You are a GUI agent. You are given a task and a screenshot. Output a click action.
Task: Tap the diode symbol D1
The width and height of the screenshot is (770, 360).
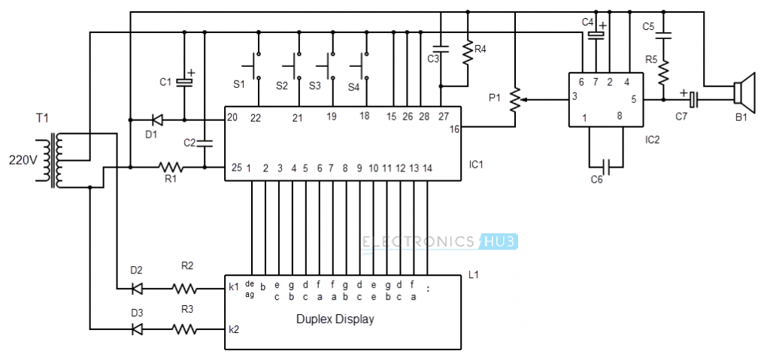pyautogui.click(x=156, y=119)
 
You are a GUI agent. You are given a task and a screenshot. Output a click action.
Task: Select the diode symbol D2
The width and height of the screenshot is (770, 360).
pyautogui.click(x=137, y=289)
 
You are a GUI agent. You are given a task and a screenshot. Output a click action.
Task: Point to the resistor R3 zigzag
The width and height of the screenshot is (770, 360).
pyautogui.click(x=184, y=329)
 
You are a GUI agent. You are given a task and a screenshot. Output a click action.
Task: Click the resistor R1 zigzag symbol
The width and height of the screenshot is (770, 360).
pyautogui.click(x=171, y=168)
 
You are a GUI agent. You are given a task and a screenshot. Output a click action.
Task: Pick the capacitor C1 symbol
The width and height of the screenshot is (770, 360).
pyautogui.click(x=184, y=82)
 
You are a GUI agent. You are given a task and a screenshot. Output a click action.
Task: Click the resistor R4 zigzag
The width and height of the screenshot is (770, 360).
pyautogui.click(x=468, y=53)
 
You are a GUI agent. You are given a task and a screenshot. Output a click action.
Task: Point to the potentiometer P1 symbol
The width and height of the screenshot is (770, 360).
pyautogui.click(x=514, y=100)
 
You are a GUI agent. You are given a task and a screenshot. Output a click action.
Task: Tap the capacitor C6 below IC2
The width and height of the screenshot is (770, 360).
pyautogui.click(x=607, y=167)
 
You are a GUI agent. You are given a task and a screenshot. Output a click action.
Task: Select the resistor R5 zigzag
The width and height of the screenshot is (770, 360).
pyautogui.click(x=663, y=72)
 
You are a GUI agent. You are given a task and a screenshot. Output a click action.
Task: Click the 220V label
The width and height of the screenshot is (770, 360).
pyautogui.click(x=22, y=160)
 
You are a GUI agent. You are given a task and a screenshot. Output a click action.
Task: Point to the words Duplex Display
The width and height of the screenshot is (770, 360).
pyautogui.click(x=335, y=319)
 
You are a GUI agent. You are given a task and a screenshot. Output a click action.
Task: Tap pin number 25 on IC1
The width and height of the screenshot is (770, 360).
pyautogui.click(x=236, y=168)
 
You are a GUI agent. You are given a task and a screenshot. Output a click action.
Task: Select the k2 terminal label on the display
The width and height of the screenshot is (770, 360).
pyautogui.click(x=234, y=329)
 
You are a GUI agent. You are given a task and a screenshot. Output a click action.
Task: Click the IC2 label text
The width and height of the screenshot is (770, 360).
pyautogui.click(x=653, y=140)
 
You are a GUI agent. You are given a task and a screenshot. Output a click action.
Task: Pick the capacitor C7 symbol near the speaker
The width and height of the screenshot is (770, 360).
pyautogui.click(x=693, y=99)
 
